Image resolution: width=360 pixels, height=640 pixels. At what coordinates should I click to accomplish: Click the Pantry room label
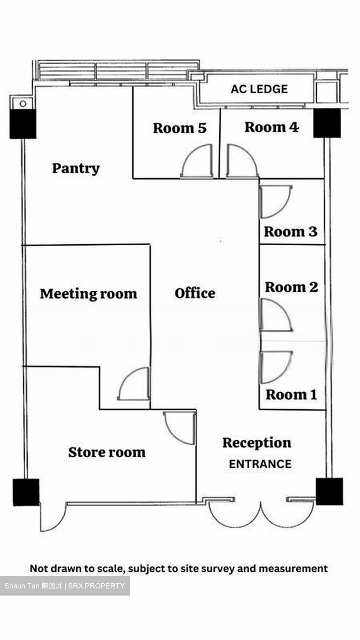pos(76,168)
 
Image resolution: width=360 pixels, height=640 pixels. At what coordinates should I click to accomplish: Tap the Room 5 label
pos(180,128)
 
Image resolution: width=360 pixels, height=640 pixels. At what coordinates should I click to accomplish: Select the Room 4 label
pos(272,127)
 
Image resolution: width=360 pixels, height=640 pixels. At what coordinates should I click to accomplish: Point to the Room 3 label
pos(291,232)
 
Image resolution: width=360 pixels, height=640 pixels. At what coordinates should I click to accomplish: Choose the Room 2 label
pos(292,287)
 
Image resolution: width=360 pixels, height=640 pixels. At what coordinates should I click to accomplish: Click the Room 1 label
pos(291,395)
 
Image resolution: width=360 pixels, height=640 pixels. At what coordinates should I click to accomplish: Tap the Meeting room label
pos(88,294)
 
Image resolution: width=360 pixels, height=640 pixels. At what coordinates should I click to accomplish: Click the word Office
pos(195,293)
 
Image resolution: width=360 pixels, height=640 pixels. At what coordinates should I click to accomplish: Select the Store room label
pos(107,452)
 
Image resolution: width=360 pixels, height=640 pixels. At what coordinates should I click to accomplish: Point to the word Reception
pos(257,443)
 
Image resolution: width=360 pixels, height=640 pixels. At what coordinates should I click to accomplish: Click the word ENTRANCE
pos(260,464)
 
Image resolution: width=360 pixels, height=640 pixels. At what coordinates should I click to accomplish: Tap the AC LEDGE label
pos(259,89)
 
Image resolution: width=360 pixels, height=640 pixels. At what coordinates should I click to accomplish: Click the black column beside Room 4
pos(327,123)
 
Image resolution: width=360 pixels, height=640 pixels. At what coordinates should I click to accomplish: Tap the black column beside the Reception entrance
pos(329,492)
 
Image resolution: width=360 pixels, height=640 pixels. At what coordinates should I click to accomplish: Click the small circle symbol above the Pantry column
pos(23,104)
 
